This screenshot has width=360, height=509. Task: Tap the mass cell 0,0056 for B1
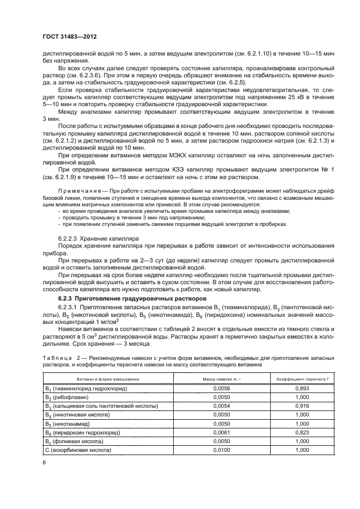coord(217,389)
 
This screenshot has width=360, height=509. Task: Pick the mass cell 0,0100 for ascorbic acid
coord(217,450)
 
